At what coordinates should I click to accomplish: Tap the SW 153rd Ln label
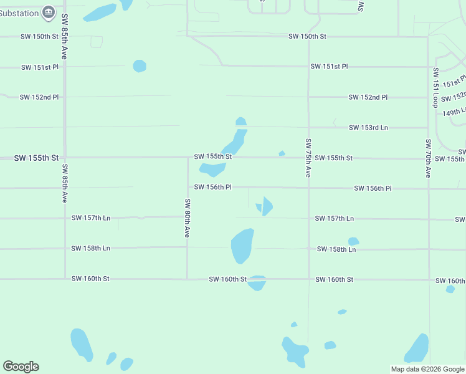pyautogui.click(x=368, y=128)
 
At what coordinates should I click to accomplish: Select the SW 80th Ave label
pyautogui.click(x=187, y=218)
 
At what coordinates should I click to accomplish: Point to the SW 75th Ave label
pyautogui.click(x=308, y=158)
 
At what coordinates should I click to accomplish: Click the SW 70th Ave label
pyautogui.click(x=428, y=158)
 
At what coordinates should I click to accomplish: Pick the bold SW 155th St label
pyautogui.click(x=36, y=158)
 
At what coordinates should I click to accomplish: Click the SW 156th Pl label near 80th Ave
pyautogui.click(x=213, y=187)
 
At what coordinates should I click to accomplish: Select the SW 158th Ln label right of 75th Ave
pyautogui.click(x=336, y=249)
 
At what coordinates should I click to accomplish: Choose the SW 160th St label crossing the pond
pyautogui.click(x=227, y=279)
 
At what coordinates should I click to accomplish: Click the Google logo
pyautogui.click(x=21, y=367)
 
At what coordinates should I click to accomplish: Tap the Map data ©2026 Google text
pyautogui.click(x=427, y=369)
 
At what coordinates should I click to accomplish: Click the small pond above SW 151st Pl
pyautogui.click(x=140, y=66)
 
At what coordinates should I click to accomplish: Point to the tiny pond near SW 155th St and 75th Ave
pyautogui.click(x=282, y=153)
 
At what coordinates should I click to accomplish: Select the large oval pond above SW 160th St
pyautogui.click(x=242, y=246)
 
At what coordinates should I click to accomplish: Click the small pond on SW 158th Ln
pyautogui.click(x=353, y=241)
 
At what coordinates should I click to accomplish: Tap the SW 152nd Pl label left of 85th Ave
pyautogui.click(x=39, y=97)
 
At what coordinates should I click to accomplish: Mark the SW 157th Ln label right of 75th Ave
pyautogui.click(x=335, y=219)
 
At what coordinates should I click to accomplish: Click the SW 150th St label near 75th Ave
pyautogui.click(x=307, y=37)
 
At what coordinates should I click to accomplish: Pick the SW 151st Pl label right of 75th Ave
pyautogui.click(x=329, y=67)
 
